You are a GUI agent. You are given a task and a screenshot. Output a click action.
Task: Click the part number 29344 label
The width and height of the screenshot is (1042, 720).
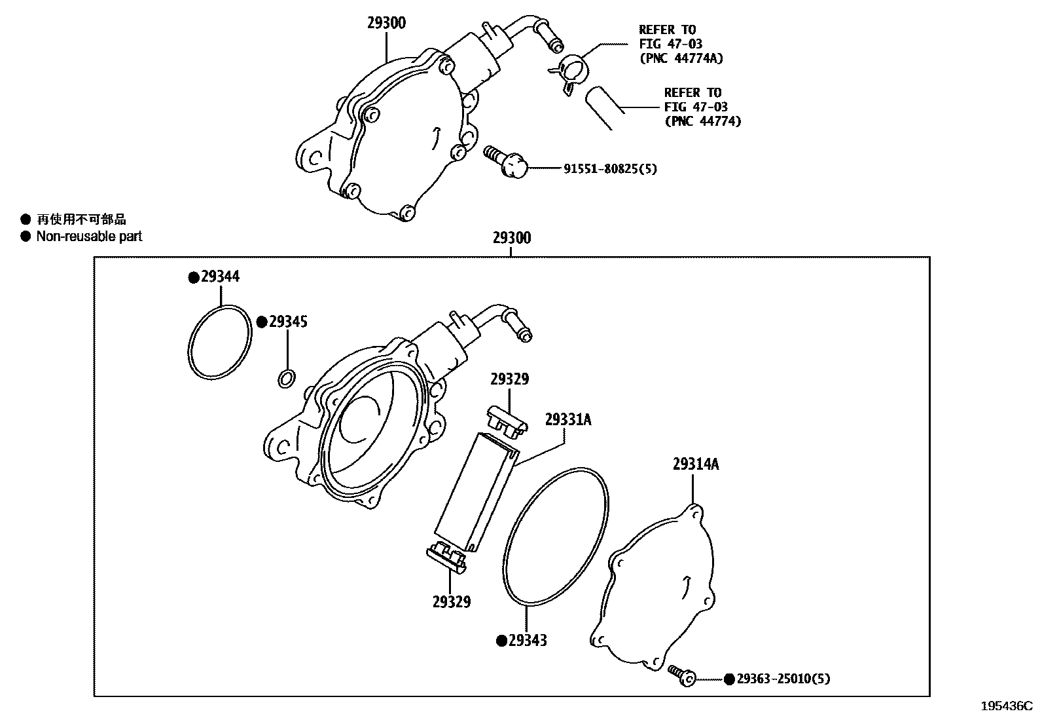[220, 277]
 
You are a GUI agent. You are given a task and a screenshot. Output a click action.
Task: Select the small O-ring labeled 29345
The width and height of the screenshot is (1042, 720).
[286, 378]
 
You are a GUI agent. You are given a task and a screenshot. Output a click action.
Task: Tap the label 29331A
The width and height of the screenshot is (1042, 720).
[567, 420]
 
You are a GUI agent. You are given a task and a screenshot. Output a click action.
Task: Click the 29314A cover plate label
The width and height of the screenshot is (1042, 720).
[695, 464]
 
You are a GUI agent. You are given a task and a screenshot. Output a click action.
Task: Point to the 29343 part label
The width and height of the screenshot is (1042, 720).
[528, 641]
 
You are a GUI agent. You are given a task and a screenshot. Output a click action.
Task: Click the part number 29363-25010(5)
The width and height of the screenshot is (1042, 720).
[783, 679]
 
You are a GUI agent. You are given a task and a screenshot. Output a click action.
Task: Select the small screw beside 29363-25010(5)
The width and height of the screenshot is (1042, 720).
[681, 675]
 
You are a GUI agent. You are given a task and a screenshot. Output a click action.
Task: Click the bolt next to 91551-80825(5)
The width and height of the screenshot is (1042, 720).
[507, 161]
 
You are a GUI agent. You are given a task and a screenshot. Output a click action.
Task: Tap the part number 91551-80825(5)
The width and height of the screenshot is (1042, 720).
[610, 169]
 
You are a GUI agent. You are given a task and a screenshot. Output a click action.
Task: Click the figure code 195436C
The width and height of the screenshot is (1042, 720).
[1005, 706]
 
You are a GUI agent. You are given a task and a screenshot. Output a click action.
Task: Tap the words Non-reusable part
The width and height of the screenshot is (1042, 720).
[89, 237]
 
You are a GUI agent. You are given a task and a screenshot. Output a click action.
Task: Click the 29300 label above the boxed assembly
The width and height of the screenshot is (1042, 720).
[511, 238]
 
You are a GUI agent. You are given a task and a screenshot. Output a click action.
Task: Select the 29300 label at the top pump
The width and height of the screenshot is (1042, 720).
[386, 24]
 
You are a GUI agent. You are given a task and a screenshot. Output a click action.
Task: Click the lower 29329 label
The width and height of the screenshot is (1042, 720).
[451, 601]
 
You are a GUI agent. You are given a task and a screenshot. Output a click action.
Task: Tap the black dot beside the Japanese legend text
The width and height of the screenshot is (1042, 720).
[26, 220]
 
